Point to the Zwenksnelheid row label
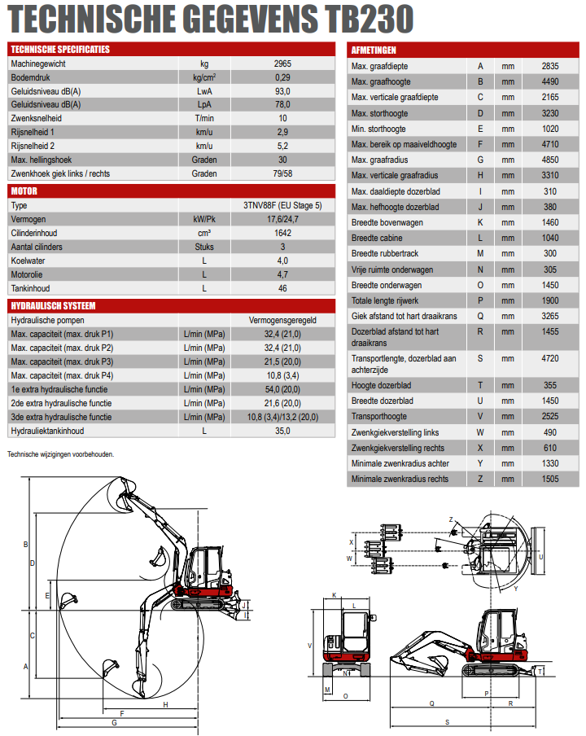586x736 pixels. (37, 118)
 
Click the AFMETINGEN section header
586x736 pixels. (374, 50)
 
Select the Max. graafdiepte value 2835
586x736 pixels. (550, 66)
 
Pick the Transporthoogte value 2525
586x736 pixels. (550, 417)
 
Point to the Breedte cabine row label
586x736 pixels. (377, 238)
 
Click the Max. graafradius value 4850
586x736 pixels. (550, 160)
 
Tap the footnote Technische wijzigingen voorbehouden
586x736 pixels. (61, 454)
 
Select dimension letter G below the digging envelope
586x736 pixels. (115, 722)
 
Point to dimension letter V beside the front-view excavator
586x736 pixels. (309, 645)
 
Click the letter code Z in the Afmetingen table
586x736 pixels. (480, 479)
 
